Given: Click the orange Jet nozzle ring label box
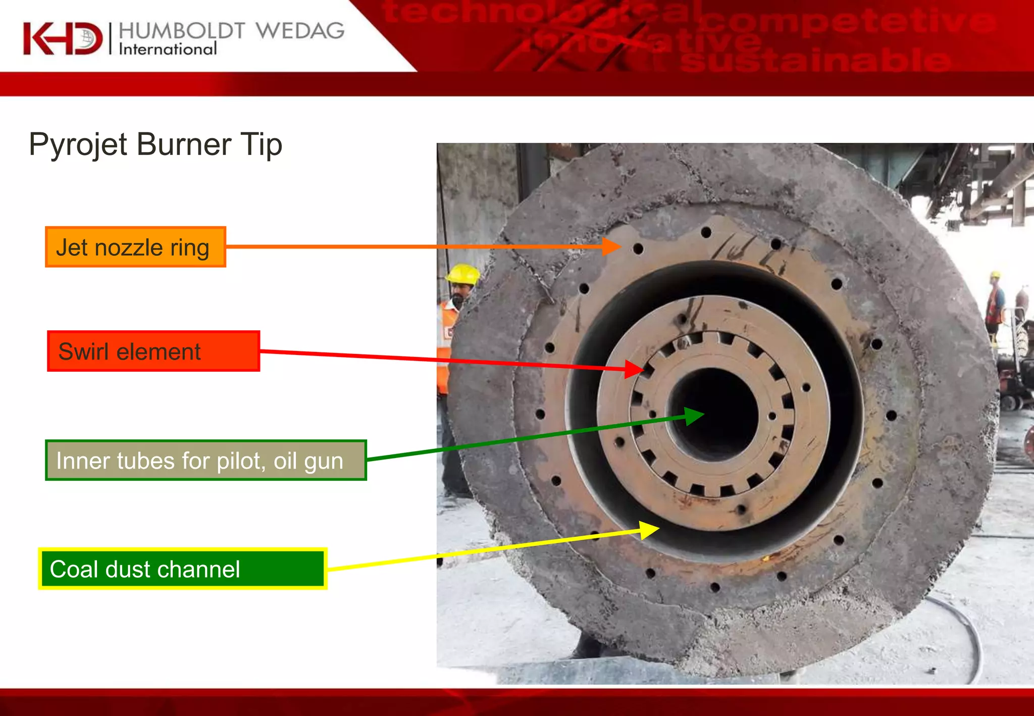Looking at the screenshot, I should [135, 247].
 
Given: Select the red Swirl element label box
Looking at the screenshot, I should [153, 351].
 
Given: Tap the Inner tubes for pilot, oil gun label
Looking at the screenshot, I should [205, 460].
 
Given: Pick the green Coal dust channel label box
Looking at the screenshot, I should [182, 569].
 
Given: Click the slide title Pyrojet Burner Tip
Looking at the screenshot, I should [156, 145].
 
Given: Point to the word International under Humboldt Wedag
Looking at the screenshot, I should [168, 49].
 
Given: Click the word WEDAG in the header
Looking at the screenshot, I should [300, 30].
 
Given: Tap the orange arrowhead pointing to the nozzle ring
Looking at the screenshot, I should [612, 246].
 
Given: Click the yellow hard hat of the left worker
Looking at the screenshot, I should [463, 274].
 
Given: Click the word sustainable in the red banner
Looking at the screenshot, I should [815, 61].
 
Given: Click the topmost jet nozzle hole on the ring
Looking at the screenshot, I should [706, 232].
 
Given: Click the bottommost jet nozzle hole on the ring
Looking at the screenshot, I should [715, 587].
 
